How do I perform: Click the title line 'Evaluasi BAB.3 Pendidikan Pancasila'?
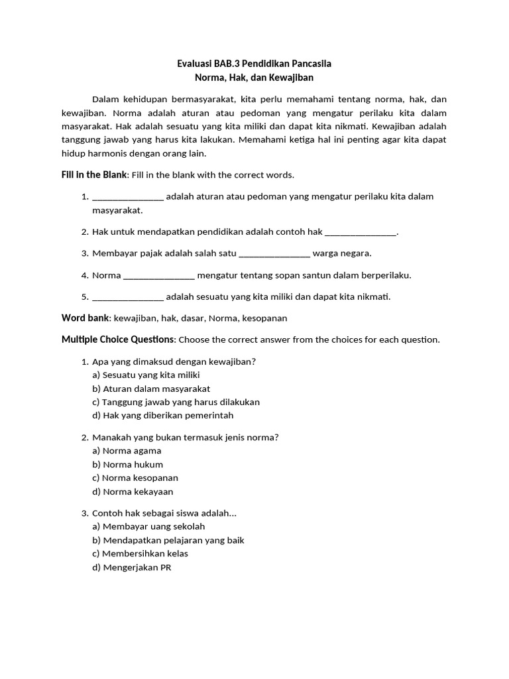pos(254,64)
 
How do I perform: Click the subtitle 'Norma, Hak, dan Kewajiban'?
pos(254,78)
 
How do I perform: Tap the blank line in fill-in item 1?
pos(128,197)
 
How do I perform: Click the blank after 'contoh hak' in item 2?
pos(361,232)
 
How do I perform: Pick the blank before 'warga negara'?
pos(274,253)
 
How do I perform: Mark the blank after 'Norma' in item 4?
pos(159,275)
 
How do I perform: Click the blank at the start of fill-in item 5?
pos(128,296)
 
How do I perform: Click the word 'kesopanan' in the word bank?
pos(264,318)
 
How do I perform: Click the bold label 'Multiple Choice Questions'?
pos(118,339)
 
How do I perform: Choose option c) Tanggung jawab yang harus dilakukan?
pos(176,402)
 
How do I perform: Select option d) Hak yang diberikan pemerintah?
pos(163,415)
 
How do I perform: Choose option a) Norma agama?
pos(127,451)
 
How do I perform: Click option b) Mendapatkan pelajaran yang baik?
pos(168,540)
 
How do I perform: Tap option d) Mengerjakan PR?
pos(132,568)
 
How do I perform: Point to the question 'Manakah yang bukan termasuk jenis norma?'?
pos(185,437)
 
